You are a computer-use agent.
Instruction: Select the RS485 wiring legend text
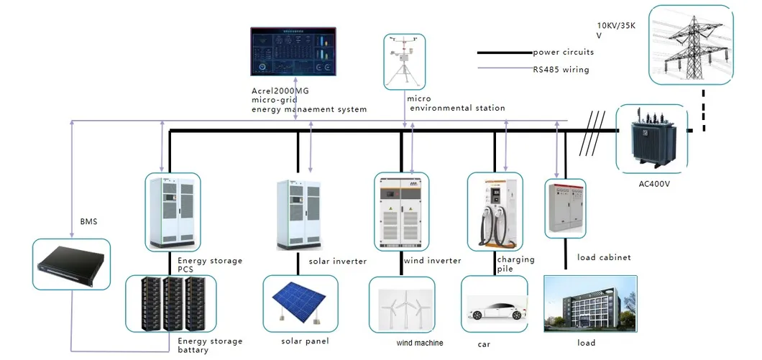[x=561, y=70]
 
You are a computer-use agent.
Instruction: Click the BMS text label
[x=88, y=222]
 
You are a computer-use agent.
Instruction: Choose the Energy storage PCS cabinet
[x=173, y=211]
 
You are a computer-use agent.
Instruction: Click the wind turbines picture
[x=403, y=308]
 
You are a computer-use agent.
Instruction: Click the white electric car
[x=494, y=311]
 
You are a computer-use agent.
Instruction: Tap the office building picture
[x=590, y=305]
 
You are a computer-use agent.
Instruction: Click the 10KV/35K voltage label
[x=620, y=28]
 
